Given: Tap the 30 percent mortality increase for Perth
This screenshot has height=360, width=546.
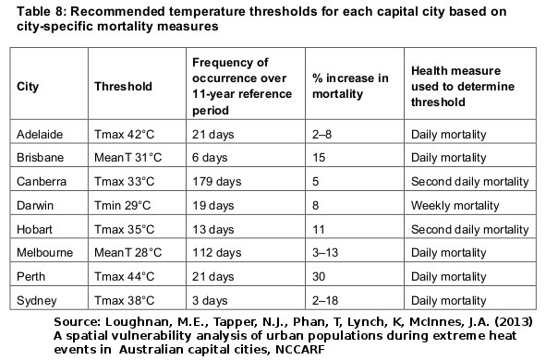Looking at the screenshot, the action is click(x=316, y=275).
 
